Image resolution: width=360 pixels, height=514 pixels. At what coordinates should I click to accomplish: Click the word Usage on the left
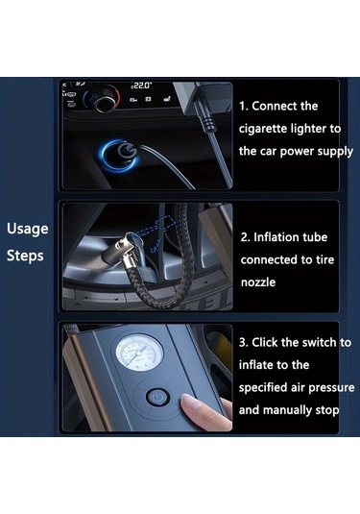click(28, 229)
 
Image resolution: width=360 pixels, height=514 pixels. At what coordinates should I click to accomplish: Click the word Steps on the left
click(25, 256)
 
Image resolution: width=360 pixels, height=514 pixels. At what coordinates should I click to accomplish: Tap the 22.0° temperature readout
click(141, 86)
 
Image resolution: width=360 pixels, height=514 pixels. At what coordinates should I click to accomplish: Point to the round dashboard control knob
click(106, 98)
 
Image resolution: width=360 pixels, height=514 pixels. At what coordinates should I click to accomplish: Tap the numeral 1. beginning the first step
click(244, 107)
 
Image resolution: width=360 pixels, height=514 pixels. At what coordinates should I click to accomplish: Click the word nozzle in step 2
click(258, 282)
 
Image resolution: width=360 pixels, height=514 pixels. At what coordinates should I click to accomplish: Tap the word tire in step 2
click(324, 259)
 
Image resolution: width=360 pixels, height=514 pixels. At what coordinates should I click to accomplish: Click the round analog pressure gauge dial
click(139, 353)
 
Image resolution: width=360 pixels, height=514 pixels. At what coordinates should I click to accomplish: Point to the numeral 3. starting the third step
click(244, 343)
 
